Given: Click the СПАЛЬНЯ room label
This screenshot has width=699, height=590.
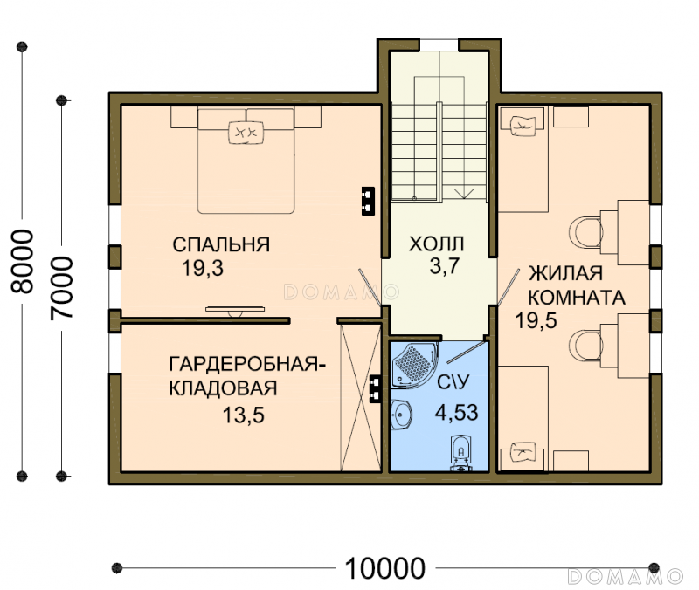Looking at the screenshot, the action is point(221,244).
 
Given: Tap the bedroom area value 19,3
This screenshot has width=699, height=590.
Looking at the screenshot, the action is point(203,268).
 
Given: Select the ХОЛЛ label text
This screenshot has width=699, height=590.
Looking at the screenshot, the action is point(436,244).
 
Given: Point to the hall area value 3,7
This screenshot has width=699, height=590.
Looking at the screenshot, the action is point(445,266).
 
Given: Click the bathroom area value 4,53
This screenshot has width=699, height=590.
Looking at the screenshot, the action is point(456,412).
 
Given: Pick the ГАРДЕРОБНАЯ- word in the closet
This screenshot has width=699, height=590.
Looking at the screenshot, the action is point(247,364).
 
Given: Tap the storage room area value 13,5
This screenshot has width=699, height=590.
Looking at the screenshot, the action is point(244,415).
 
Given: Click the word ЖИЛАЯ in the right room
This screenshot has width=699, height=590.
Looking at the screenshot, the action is point(565,273).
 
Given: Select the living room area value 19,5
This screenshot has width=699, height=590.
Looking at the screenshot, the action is point(536,320).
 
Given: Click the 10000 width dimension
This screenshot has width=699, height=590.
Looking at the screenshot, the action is point(385,568).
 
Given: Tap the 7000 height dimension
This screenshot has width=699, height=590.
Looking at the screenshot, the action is point(61,288).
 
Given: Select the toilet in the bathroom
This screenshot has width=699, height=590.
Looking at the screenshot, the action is point(460,452).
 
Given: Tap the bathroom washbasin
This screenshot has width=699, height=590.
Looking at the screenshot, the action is point(401,414).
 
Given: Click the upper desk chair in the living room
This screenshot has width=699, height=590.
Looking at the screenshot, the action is point(585,231).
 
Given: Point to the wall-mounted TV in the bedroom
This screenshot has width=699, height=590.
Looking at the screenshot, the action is point(235,310).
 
